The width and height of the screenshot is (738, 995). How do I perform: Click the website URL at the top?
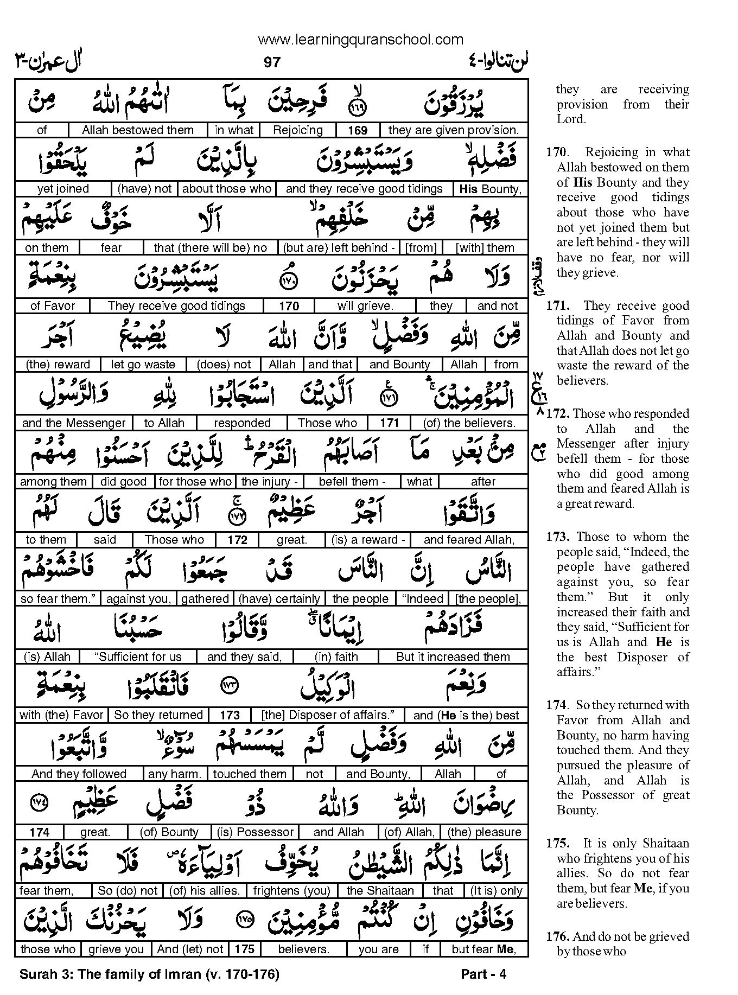pos(360,40)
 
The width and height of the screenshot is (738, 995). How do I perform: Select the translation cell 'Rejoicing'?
pos(298,130)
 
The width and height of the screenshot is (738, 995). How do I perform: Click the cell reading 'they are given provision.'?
pos(454,130)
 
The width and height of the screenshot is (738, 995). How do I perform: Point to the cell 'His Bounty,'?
pos(490,189)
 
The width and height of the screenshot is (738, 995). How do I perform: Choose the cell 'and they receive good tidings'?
pos(364,189)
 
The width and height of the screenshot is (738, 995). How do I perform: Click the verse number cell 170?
pos(289,307)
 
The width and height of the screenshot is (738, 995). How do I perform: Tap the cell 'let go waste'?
pos(143,365)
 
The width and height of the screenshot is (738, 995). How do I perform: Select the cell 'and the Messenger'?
pos(74,423)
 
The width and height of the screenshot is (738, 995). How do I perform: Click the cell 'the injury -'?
pos(269,482)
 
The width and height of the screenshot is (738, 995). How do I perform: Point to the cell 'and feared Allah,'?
pos(469,540)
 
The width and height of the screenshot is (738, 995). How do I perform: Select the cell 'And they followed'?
pos(79,774)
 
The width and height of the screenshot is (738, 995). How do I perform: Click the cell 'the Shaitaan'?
pos(380,891)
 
